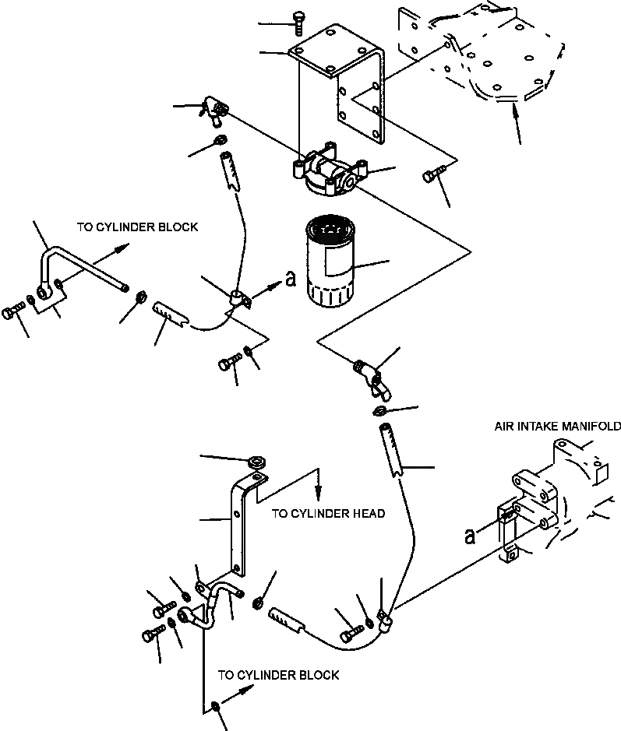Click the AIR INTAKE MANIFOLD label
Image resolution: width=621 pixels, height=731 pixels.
(558, 426)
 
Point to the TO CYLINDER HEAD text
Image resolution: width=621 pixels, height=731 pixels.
(329, 513)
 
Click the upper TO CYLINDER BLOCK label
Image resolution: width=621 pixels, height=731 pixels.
(138, 227)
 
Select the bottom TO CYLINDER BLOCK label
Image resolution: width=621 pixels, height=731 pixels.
(278, 675)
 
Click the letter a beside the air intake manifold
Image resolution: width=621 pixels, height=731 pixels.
(471, 536)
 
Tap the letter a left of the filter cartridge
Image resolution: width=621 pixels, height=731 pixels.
(290, 279)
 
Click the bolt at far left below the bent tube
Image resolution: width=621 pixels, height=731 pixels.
(12, 311)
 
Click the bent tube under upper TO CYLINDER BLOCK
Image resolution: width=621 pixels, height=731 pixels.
(79, 270)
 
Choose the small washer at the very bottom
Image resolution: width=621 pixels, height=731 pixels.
(216, 706)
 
